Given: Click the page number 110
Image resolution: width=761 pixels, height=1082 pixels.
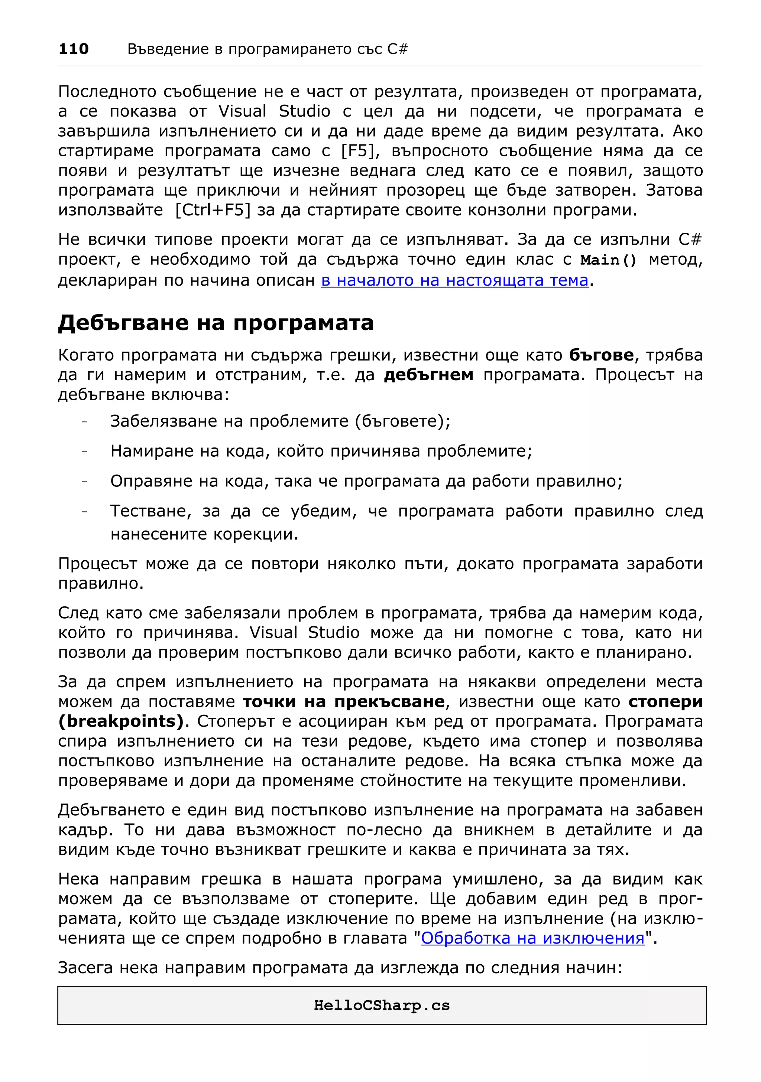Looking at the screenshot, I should click(73, 49).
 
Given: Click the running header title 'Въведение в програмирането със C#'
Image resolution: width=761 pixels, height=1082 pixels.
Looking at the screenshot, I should click(267, 49).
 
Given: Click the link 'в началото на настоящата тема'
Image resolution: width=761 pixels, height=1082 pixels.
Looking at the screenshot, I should click(454, 280).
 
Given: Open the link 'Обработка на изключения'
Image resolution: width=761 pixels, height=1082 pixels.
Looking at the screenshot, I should click(532, 938).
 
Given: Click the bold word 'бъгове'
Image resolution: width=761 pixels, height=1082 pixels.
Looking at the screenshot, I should click(601, 355).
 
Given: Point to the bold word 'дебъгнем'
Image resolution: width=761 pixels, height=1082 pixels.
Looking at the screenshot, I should click(428, 375).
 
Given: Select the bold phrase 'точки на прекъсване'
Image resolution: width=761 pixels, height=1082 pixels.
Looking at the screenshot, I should click(344, 701).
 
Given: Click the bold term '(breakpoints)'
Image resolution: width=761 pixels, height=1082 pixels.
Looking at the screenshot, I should click(121, 721).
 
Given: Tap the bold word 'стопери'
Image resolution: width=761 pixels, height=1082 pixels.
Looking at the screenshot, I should click(665, 701).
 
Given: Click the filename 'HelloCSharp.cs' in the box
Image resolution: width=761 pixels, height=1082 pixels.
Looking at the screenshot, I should click(382, 1006).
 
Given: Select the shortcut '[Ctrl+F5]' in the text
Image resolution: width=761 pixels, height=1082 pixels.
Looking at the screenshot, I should click(213, 210).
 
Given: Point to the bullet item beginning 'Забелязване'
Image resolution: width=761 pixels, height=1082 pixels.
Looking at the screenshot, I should click(280, 421).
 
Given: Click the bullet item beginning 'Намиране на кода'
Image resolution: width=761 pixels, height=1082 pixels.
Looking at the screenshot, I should click(321, 451).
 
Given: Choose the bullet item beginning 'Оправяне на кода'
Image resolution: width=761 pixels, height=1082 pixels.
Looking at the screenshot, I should click(366, 481).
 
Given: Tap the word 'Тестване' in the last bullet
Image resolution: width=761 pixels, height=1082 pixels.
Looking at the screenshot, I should click(150, 511).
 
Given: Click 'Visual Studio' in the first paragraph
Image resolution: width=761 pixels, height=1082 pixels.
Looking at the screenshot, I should click(274, 111).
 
